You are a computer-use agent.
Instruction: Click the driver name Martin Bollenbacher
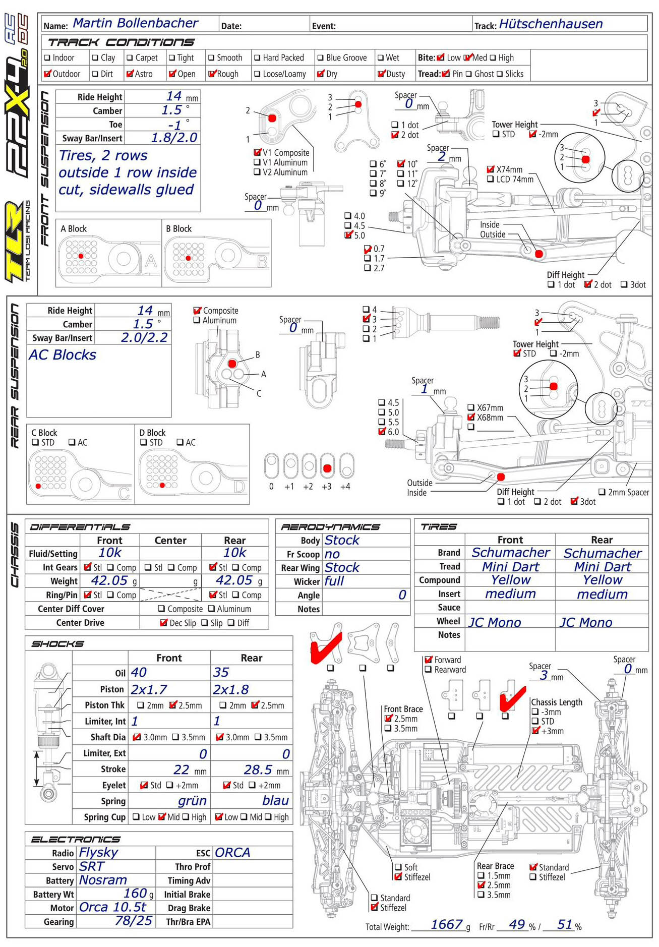tap(135, 23)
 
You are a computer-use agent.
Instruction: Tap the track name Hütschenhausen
tap(551, 24)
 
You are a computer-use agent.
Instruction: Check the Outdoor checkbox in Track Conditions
tap(48, 74)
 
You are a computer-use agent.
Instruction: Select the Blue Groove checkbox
tap(320, 58)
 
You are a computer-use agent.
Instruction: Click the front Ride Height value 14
tap(174, 96)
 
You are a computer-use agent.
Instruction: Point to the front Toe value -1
tap(174, 125)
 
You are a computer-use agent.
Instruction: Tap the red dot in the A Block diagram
tap(81, 256)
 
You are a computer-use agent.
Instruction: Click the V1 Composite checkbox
tap(257, 152)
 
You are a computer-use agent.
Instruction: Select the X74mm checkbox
tap(491, 169)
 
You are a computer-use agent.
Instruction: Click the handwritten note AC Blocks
tap(63, 355)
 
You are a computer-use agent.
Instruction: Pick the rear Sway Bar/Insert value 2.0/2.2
tap(144, 337)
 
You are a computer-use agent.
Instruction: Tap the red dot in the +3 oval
tap(327, 468)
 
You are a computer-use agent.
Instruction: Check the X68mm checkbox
tap(471, 417)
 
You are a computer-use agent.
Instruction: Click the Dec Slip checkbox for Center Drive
tap(163, 623)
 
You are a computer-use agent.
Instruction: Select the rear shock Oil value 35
tap(221, 672)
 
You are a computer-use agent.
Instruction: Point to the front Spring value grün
tap(192, 801)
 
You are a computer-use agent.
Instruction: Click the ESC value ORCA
tap(232, 853)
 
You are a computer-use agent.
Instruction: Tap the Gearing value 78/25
tap(134, 921)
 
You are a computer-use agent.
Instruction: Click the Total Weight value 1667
tap(446, 924)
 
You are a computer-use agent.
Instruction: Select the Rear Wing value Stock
tap(342, 567)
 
